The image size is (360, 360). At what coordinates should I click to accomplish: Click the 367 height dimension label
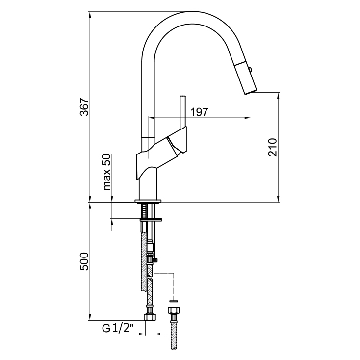tap(85, 107)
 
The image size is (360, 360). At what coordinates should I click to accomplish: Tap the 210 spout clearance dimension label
tap(273, 147)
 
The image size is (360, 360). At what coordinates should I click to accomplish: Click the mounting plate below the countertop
tap(151, 219)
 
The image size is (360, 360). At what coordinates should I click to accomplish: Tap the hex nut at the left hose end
tap(150, 318)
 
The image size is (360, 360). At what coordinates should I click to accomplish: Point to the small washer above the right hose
tap(173, 300)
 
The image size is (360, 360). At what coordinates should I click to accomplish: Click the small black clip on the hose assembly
tap(155, 259)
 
